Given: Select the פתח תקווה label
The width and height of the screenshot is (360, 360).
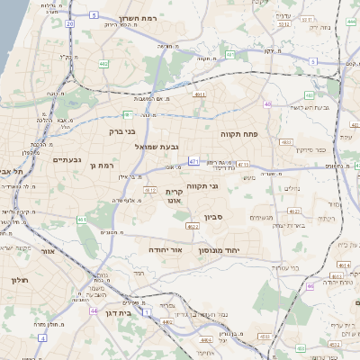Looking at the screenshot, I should coord(239,133).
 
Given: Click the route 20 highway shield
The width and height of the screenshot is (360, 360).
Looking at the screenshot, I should coord(70,24).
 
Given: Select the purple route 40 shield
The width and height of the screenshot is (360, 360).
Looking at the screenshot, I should coord(267,104).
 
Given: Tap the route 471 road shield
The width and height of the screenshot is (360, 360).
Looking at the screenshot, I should coord(193,162).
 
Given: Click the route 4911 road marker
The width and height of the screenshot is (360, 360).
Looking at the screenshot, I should coord(199,93).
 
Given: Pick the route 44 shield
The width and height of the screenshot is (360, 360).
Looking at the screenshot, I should coord(94,310).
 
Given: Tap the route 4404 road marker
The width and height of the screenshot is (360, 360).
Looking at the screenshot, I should coord(207,340).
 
